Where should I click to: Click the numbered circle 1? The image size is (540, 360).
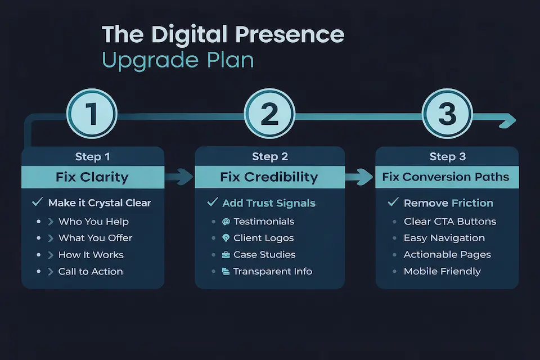[92, 114]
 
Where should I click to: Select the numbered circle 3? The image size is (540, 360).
[447, 114]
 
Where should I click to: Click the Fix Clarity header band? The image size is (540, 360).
[92, 177]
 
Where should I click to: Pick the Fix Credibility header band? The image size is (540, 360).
[269, 177]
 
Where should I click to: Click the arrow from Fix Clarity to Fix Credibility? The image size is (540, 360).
[179, 177]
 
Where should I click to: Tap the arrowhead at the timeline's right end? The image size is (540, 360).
[508, 119]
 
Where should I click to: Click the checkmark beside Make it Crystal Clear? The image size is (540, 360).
[38, 202]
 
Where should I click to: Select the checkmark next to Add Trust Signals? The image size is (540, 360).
[213, 202]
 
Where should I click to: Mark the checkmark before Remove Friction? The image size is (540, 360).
[393, 202]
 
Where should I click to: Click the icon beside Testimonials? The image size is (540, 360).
[226, 221]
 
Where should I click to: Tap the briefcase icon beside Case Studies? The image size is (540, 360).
[226, 255]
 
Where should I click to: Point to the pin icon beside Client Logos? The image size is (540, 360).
[226, 238]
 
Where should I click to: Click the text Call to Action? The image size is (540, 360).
[91, 272]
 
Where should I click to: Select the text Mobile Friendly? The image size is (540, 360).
[442, 272]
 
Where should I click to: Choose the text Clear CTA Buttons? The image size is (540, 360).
[450, 221]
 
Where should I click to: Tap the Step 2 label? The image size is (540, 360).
[269, 156]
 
